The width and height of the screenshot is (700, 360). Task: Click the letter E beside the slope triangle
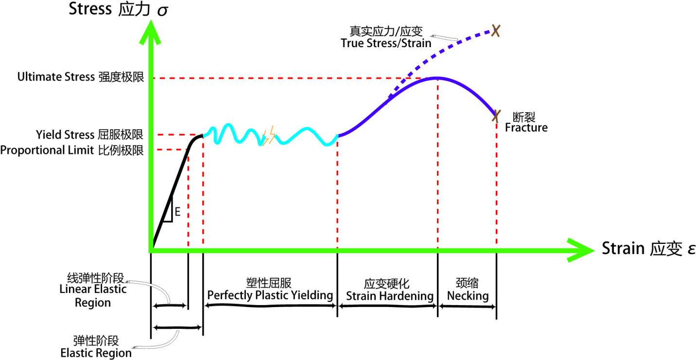click(177, 212)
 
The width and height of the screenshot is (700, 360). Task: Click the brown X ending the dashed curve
click(495, 31)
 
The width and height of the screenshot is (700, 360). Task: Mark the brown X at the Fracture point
click(496, 116)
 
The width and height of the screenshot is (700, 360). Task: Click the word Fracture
click(526, 128)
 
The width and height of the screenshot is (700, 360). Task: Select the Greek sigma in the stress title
click(162, 10)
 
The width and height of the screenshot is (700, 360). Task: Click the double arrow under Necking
click(468, 306)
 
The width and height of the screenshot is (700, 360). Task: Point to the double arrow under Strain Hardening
click(387, 306)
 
